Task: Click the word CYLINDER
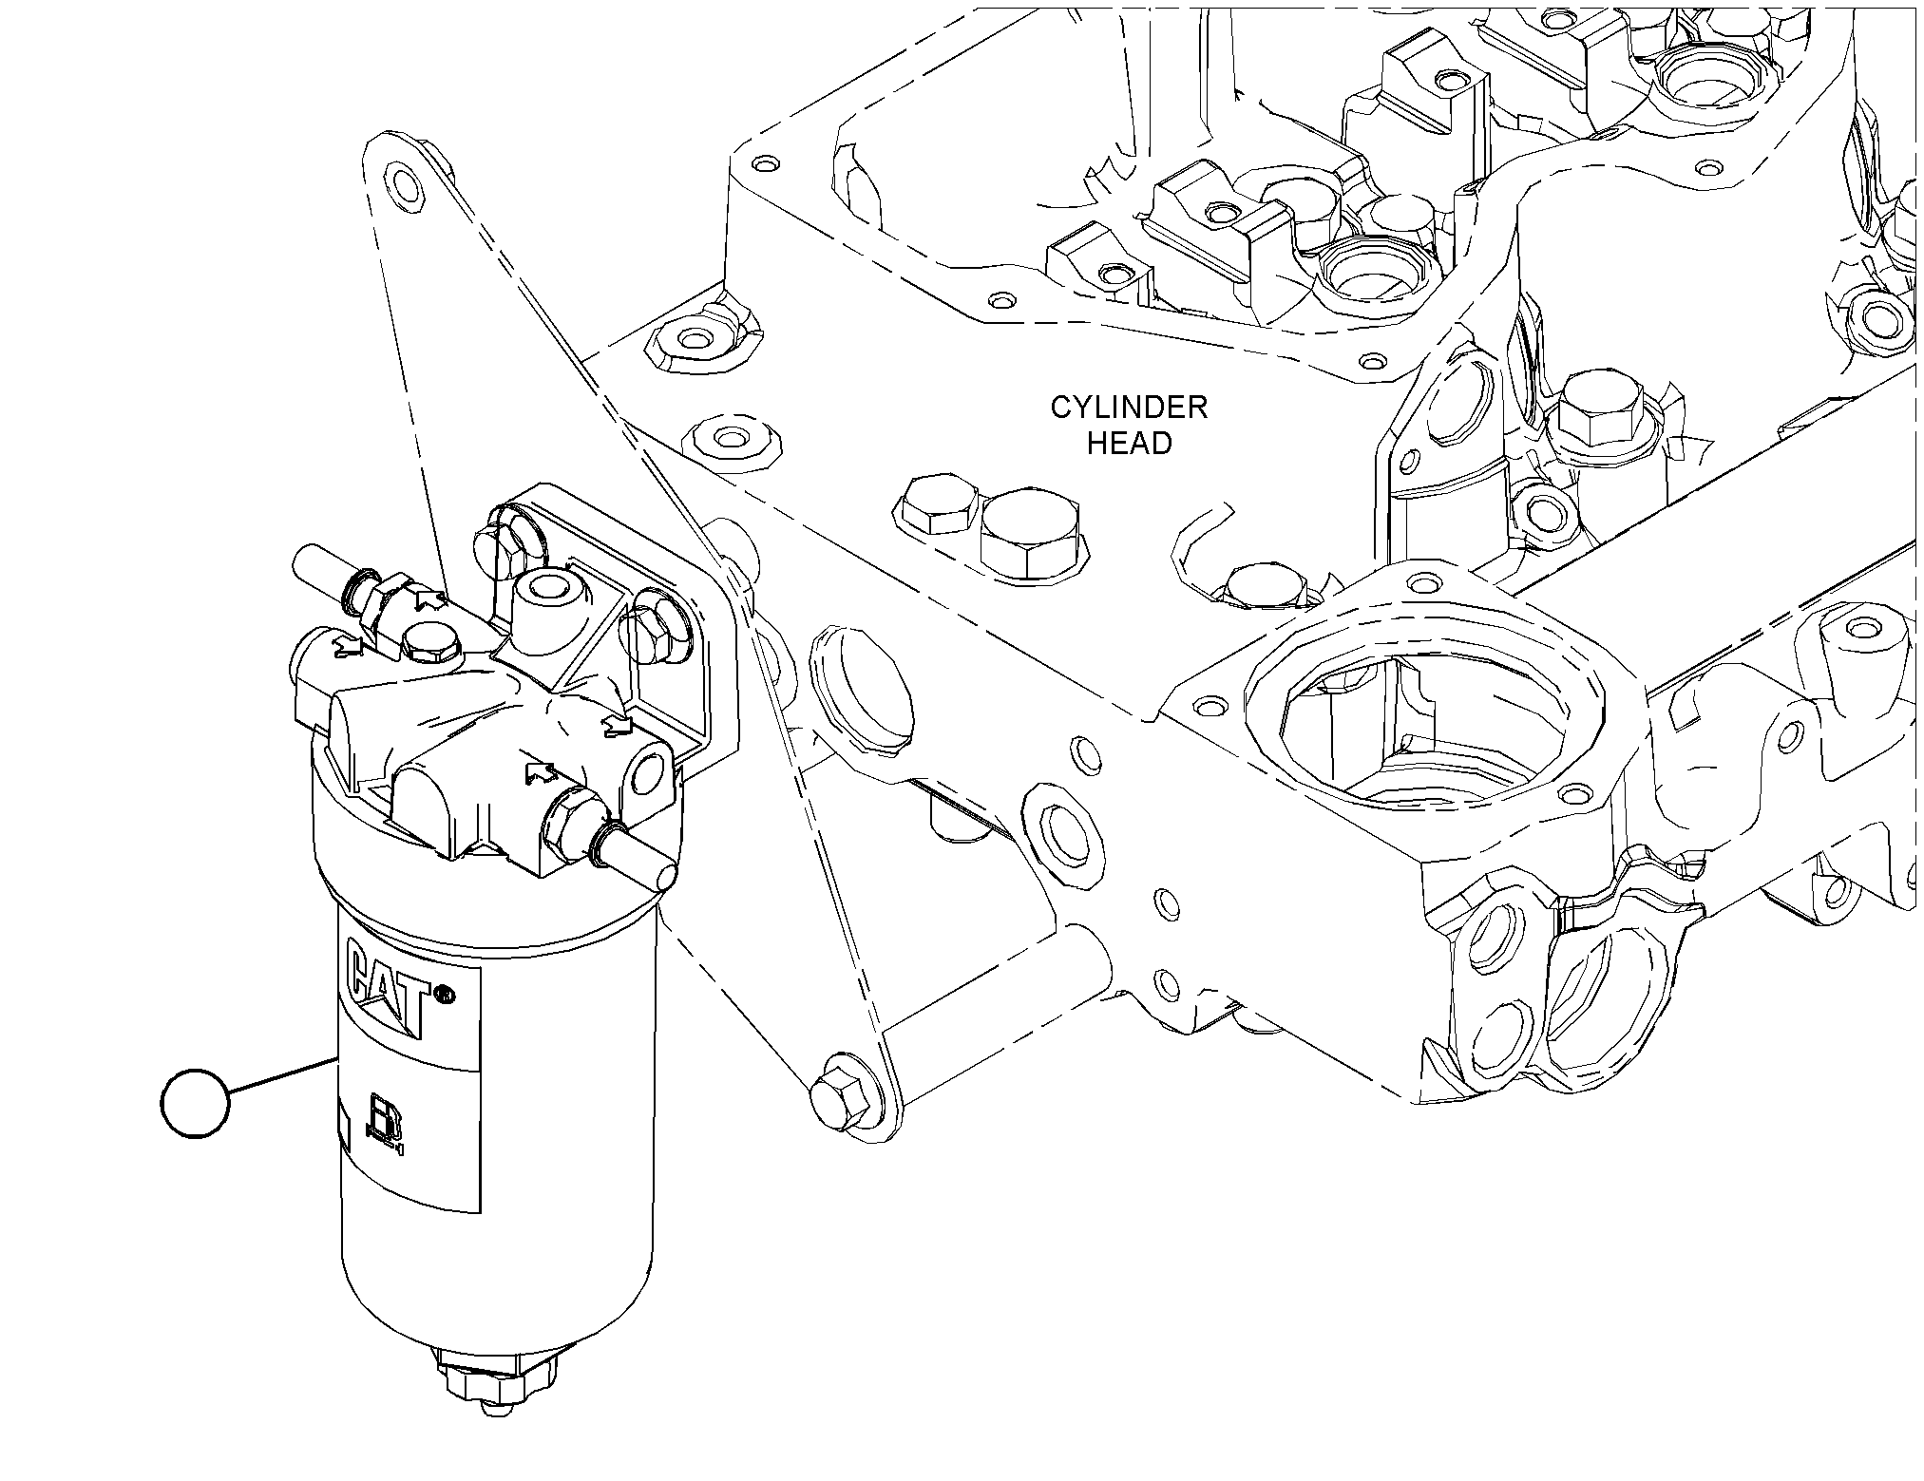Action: click(x=1128, y=408)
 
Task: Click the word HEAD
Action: click(x=1129, y=444)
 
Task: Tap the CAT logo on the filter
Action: click(x=390, y=989)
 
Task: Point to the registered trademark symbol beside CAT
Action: click(x=444, y=995)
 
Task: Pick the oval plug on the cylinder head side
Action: click(x=860, y=693)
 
